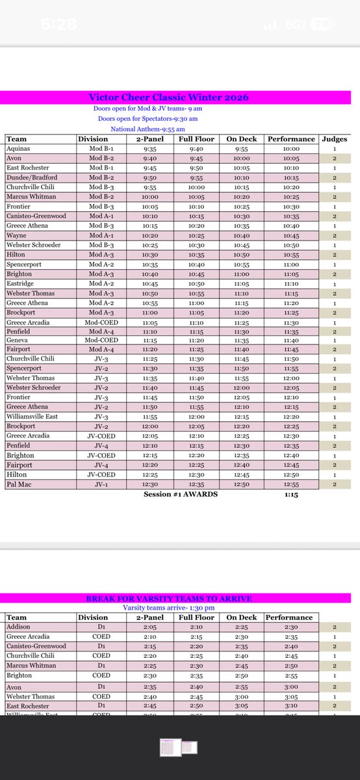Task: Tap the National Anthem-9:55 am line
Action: click(x=144, y=129)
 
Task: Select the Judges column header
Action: click(x=335, y=139)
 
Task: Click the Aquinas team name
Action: click(x=19, y=148)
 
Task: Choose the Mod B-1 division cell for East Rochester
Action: click(x=96, y=168)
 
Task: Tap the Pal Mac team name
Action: click(x=21, y=485)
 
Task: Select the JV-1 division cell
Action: click(x=100, y=485)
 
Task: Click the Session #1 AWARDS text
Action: click(x=181, y=495)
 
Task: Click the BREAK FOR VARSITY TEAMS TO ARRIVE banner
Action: click(x=169, y=598)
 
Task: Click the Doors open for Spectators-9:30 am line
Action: click(x=148, y=119)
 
